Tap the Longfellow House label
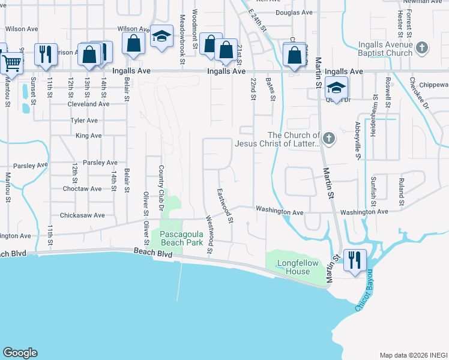coord(294,267)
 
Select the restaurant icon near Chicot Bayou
coord(355,260)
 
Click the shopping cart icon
coord(11,62)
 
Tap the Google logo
coord(20,353)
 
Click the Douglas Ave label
coord(294,13)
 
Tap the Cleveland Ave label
coord(88,104)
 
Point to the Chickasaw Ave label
coord(82,215)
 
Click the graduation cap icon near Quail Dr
coord(336,87)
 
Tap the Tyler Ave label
coord(84,121)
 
